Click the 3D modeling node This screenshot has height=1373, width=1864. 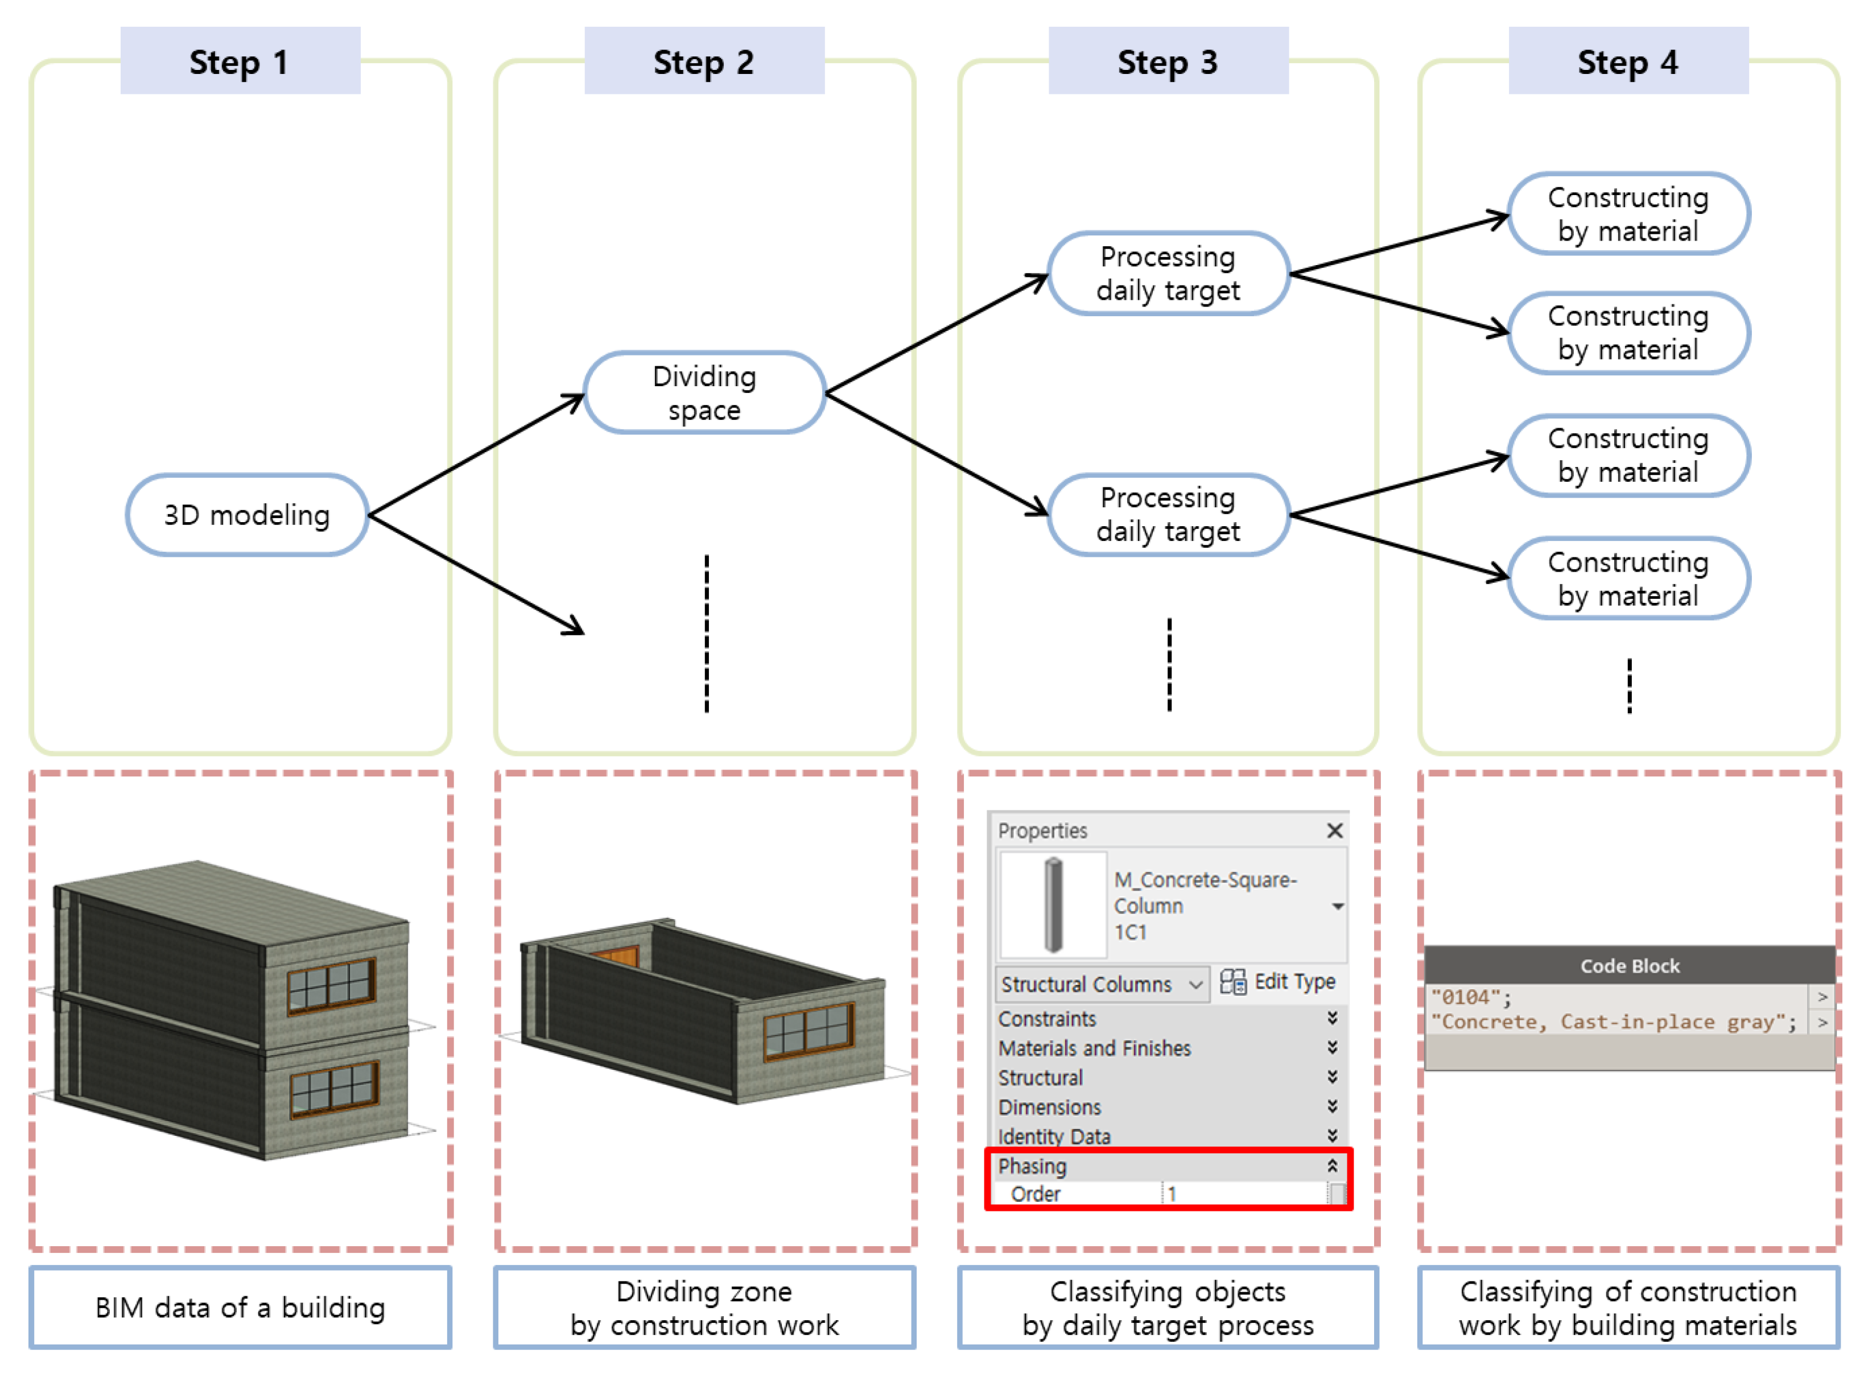(246, 515)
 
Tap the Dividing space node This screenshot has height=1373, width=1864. (704, 393)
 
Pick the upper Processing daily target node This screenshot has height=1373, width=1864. (1168, 274)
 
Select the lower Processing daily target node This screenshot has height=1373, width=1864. (1168, 515)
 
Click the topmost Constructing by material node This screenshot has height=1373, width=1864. (1627, 214)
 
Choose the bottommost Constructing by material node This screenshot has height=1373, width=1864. (1627, 578)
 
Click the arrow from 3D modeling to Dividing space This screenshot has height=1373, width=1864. (476, 454)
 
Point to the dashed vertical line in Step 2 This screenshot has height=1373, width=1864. (707, 633)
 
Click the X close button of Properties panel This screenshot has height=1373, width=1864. (1334, 830)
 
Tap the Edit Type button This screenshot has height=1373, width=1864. (1278, 982)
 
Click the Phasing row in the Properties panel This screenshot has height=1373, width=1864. (1164, 1166)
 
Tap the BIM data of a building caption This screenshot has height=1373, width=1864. (240, 1308)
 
